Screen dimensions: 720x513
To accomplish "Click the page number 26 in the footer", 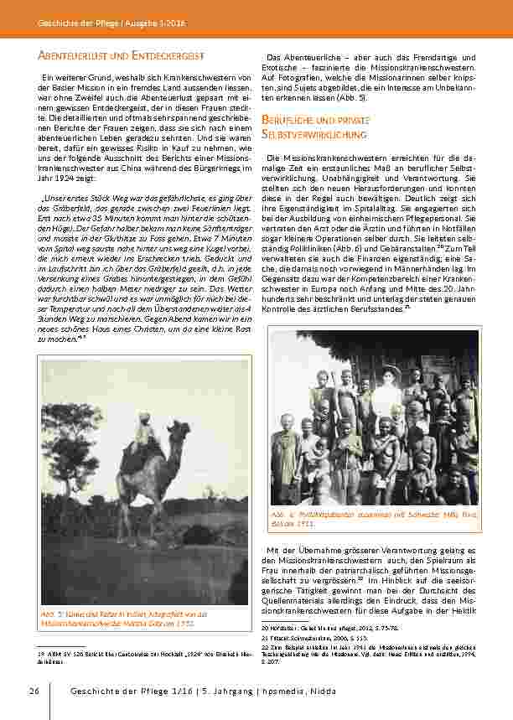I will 34,691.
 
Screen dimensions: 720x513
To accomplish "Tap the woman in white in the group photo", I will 388,398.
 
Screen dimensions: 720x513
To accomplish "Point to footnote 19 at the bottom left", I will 130,655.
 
